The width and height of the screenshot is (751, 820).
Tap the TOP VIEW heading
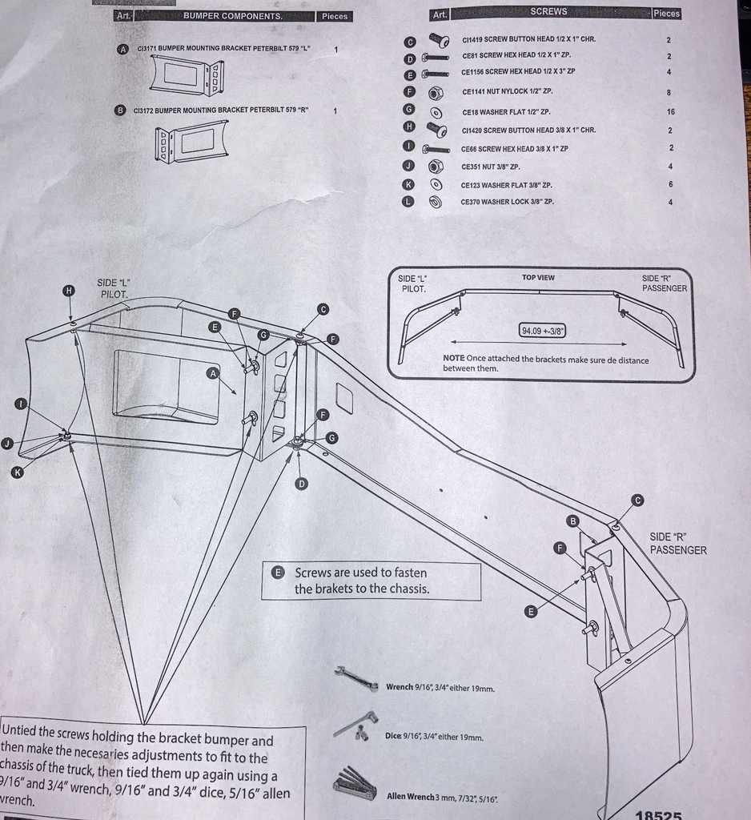538,278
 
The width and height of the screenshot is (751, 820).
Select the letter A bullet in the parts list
122,49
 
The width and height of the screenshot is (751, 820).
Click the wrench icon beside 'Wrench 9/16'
356,678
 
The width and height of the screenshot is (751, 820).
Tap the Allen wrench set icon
354,784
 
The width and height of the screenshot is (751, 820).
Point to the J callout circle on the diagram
7,443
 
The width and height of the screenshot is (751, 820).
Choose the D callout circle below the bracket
301,483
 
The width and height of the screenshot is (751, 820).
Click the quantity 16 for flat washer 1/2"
671,112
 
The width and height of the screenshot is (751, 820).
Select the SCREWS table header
548,12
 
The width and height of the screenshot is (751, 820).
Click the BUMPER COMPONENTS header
232,16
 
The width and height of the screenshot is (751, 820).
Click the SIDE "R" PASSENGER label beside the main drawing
677,544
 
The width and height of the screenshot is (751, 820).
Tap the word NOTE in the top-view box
454,360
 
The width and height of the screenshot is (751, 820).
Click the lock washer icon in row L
436,203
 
